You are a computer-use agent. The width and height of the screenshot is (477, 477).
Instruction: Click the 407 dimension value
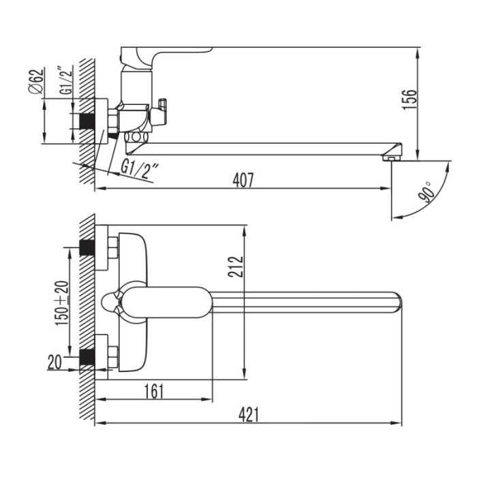(x=243, y=180)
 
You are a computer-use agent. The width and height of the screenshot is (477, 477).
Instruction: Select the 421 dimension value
(x=249, y=414)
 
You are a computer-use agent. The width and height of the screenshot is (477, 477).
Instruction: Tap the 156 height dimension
(x=409, y=99)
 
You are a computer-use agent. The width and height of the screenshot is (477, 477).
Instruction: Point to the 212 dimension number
(x=236, y=267)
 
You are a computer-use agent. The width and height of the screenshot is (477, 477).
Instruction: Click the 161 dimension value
(x=154, y=391)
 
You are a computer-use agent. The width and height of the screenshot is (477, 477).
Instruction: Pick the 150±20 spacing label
(x=62, y=303)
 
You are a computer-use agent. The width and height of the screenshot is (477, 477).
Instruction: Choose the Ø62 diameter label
(x=36, y=82)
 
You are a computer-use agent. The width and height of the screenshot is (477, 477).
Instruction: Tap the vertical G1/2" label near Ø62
(x=65, y=80)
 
